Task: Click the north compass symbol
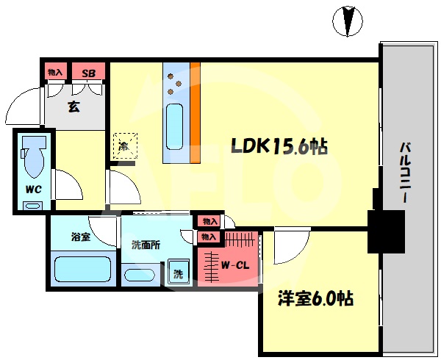click(348, 21)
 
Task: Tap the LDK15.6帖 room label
click(279, 146)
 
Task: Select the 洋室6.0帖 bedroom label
click(315, 298)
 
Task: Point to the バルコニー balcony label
click(405, 173)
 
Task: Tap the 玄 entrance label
click(73, 107)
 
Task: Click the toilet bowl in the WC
click(34, 156)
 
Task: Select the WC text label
click(34, 190)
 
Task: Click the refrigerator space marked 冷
click(125, 146)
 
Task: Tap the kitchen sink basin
click(174, 127)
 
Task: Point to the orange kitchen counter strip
click(196, 112)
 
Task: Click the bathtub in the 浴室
click(82, 269)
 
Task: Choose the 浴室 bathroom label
click(81, 237)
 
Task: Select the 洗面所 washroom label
click(146, 245)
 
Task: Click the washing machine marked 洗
click(179, 273)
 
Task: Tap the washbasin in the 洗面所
click(139, 275)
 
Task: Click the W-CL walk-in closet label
click(235, 264)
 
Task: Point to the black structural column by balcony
click(387, 231)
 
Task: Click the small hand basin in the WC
click(33, 206)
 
